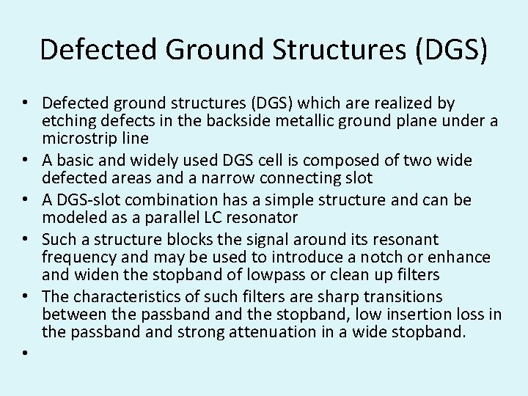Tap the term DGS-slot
click(x=90, y=200)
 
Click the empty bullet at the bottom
click(x=26, y=353)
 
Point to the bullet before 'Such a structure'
click(x=26, y=240)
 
